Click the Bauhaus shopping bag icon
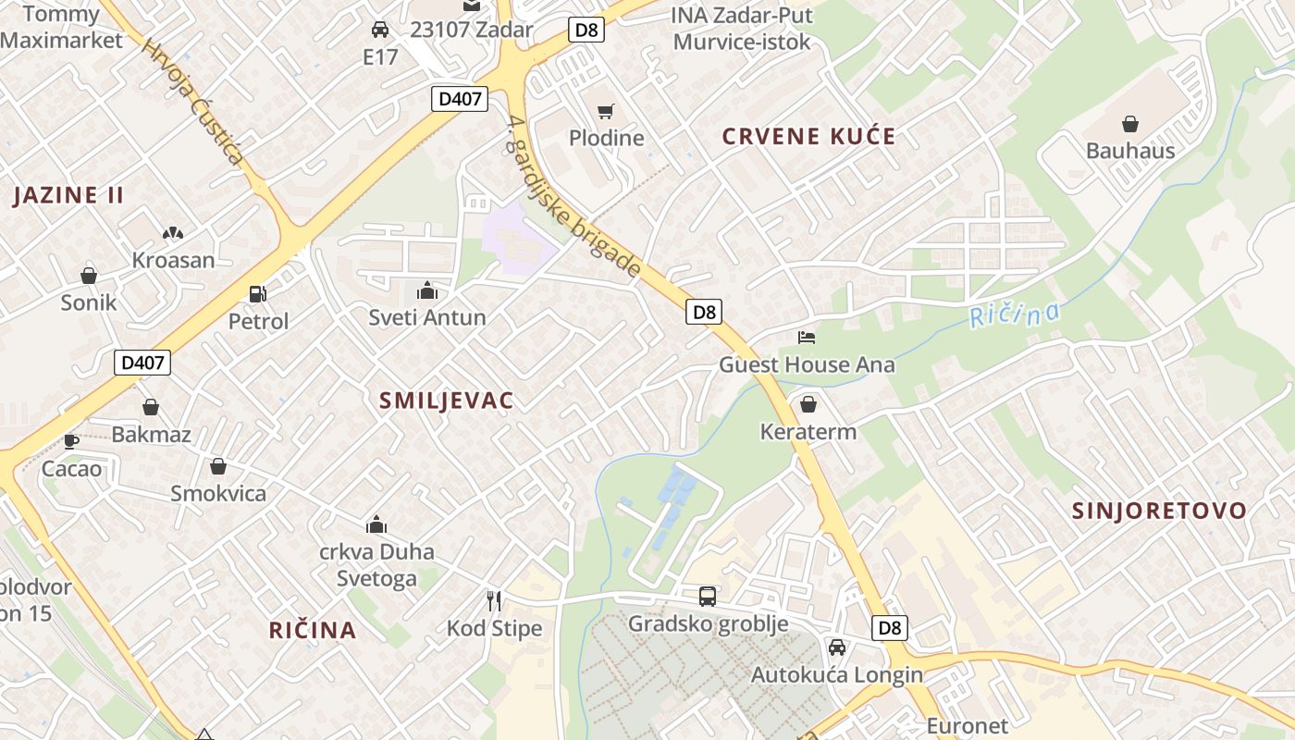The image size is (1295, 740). (1129, 124)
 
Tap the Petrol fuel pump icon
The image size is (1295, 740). (258, 294)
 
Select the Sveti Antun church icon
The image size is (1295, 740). (427, 291)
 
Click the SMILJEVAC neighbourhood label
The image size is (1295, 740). (446, 401)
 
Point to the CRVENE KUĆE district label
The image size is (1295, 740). (808, 137)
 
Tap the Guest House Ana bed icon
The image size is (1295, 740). (807, 338)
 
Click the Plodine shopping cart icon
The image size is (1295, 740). (606, 112)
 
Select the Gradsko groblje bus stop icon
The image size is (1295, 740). (708, 597)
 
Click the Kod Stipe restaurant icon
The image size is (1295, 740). (494, 601)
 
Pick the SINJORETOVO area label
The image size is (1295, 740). (1159, 511)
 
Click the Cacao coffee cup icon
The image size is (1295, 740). (71, 441)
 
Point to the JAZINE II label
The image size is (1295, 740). (69, 195)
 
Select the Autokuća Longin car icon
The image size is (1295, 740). (837, 647)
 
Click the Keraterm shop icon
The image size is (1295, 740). (808, 404)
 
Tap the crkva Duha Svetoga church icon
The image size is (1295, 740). (376, 525)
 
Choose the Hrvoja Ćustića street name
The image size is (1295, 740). (192, 103)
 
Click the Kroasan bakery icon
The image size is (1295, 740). (173, 233)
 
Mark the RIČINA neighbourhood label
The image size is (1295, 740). (313, 630)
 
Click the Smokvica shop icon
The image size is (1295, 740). (218, 466)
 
